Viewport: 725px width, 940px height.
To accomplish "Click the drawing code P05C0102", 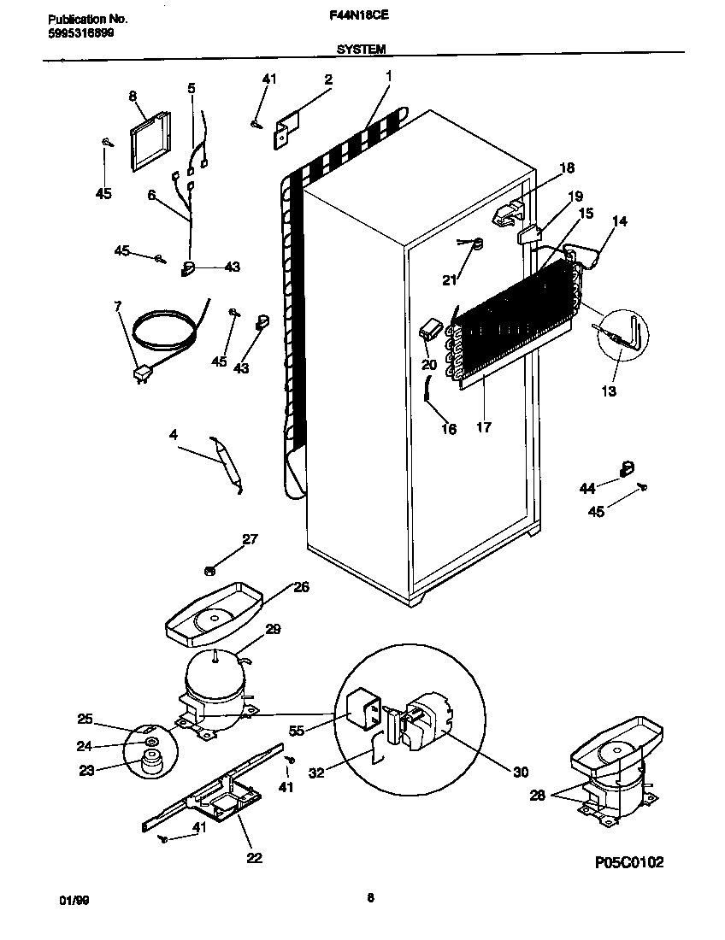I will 628,862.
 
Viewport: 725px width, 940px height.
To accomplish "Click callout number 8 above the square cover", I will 133,97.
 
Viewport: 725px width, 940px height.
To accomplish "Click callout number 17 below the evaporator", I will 483,427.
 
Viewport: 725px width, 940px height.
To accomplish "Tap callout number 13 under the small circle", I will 609,391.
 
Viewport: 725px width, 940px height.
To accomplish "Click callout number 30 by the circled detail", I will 521,772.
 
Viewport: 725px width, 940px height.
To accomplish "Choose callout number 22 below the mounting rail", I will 254,857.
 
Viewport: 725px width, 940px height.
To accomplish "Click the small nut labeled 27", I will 209,569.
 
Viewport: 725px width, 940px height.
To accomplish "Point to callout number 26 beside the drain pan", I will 301,587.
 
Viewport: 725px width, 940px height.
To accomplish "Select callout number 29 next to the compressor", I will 272,629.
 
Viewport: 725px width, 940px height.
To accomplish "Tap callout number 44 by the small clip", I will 586,488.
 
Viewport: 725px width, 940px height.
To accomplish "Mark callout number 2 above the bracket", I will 327,79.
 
